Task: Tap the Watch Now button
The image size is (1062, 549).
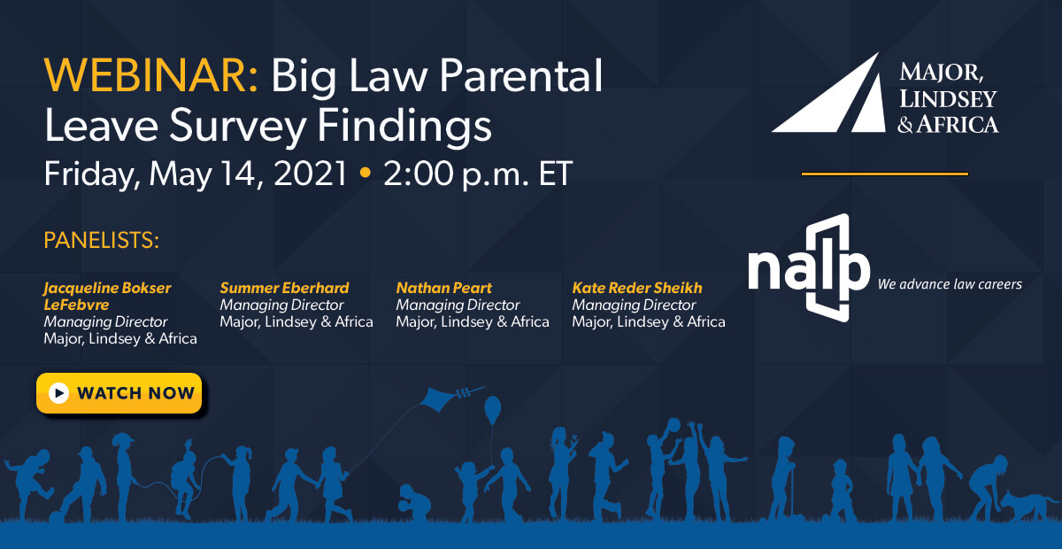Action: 119,393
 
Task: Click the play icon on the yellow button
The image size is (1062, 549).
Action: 59,393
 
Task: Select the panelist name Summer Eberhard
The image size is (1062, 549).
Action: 284,288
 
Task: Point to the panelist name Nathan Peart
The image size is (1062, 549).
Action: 443,288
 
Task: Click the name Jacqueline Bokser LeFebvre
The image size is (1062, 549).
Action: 107,296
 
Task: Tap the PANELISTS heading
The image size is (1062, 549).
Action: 101,241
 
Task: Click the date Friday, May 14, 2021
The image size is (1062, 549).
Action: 196,174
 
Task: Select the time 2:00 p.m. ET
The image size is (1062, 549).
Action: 478,174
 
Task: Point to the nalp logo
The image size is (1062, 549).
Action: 808,268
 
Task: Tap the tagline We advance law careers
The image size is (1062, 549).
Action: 949,284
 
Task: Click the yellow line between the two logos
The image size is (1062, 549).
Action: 884,174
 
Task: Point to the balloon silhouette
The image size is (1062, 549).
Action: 492,410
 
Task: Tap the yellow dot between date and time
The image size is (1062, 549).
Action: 365,174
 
